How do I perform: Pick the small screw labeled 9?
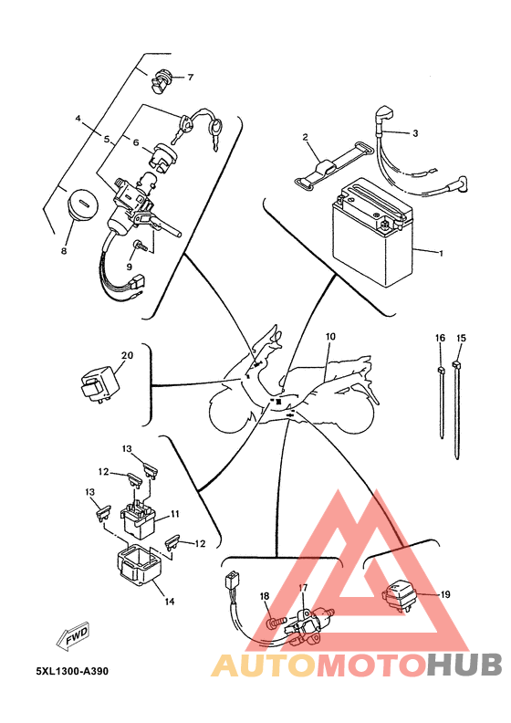click(139, 246)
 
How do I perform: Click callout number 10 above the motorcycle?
click(330, 337)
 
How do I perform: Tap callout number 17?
click(304, 588)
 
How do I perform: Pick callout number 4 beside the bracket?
click(78, 119)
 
